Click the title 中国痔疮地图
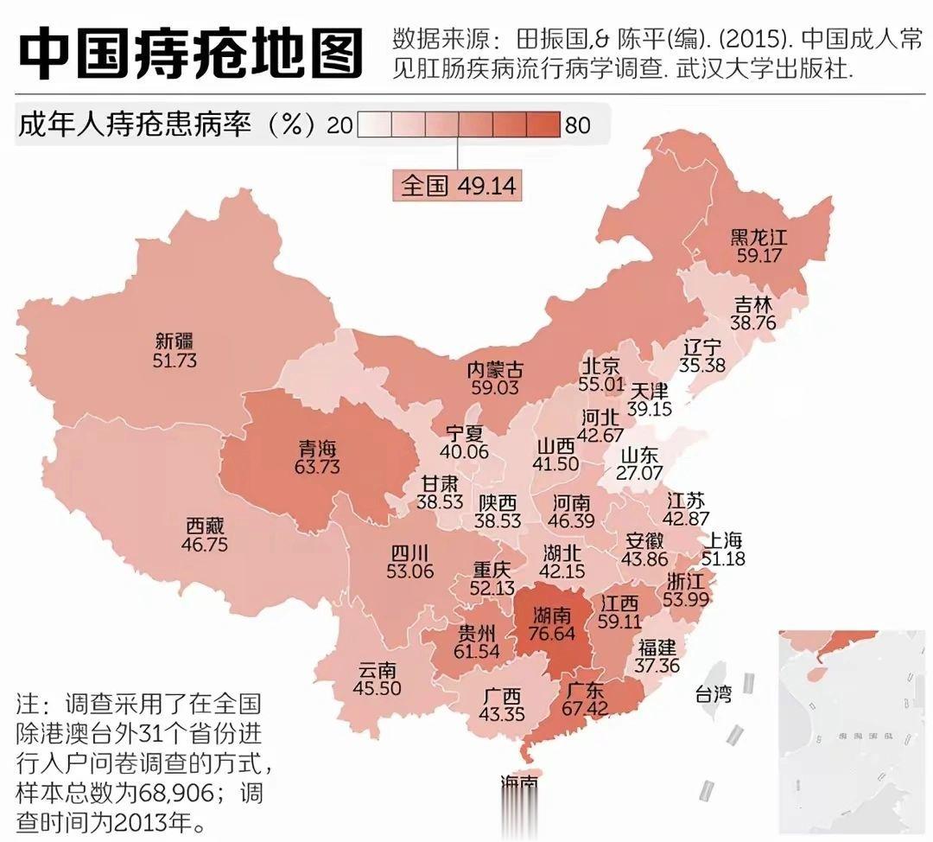pos(190,53)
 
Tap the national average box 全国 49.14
pos(458,185)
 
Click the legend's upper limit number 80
pos(577,126)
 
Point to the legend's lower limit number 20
pos(340,126)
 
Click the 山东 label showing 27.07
pos(640,463)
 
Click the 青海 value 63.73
pos(317,468)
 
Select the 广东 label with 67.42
pos(586,699)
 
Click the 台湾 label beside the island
pos(713,693)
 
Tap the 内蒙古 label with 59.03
pos(494,379)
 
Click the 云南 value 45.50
pos(377,689)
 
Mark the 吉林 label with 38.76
pos(754,313)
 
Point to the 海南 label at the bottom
pos(519,782)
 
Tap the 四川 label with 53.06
pos(410,561)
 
